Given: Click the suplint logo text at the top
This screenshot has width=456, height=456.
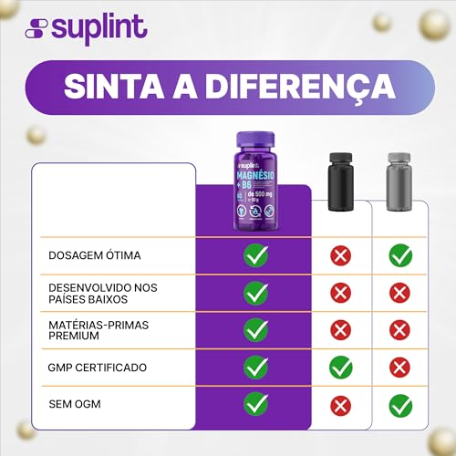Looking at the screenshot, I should [98, 27].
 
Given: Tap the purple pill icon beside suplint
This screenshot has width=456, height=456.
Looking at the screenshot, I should [36, 28].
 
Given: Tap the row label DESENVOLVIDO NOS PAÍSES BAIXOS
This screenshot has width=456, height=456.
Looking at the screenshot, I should [102, 293].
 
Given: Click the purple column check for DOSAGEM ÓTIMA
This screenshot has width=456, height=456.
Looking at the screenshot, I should [255, 255].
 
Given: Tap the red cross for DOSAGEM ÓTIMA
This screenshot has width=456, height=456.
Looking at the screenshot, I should [340, 255].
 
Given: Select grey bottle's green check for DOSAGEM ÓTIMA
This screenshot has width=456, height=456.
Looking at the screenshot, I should [400, 255].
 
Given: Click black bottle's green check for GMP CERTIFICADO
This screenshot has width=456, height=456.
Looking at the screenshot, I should [340, 368].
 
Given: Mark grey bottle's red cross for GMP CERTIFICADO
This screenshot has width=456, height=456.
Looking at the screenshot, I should [400, 368].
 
